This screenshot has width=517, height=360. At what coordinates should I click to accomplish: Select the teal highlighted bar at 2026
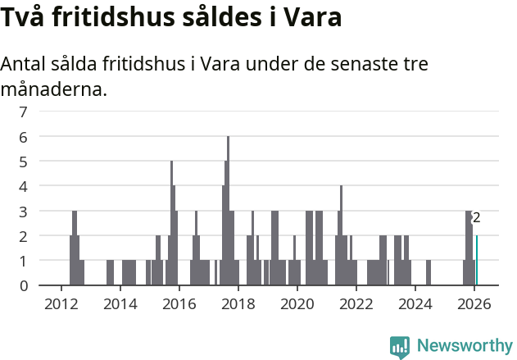pyautogui.click(x=477, y=261)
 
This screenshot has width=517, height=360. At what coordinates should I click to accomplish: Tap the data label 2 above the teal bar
pyautogui.click(x=476, y=218)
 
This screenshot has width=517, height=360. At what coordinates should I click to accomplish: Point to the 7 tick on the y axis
pyautogui.click(x=24, y=112)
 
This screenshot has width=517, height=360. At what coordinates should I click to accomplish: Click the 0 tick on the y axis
pyautogui.click(x=24, y=285)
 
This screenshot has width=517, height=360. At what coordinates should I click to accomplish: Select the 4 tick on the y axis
pyautogui.click(x=24, y=186)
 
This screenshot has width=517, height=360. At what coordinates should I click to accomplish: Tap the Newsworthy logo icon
pyautogui.click(x=400, y=347)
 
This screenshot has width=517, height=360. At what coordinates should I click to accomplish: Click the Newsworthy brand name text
pyautogui.click(x=465, y=347)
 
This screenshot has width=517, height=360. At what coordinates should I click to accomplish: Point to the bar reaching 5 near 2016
pyautogui.click(x=171, y=221)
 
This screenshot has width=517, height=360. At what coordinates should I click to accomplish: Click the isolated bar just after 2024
pyautogui.click(x=429, y=273)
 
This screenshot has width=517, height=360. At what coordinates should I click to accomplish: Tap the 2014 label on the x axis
pyautogui.click(x=120, y=303)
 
